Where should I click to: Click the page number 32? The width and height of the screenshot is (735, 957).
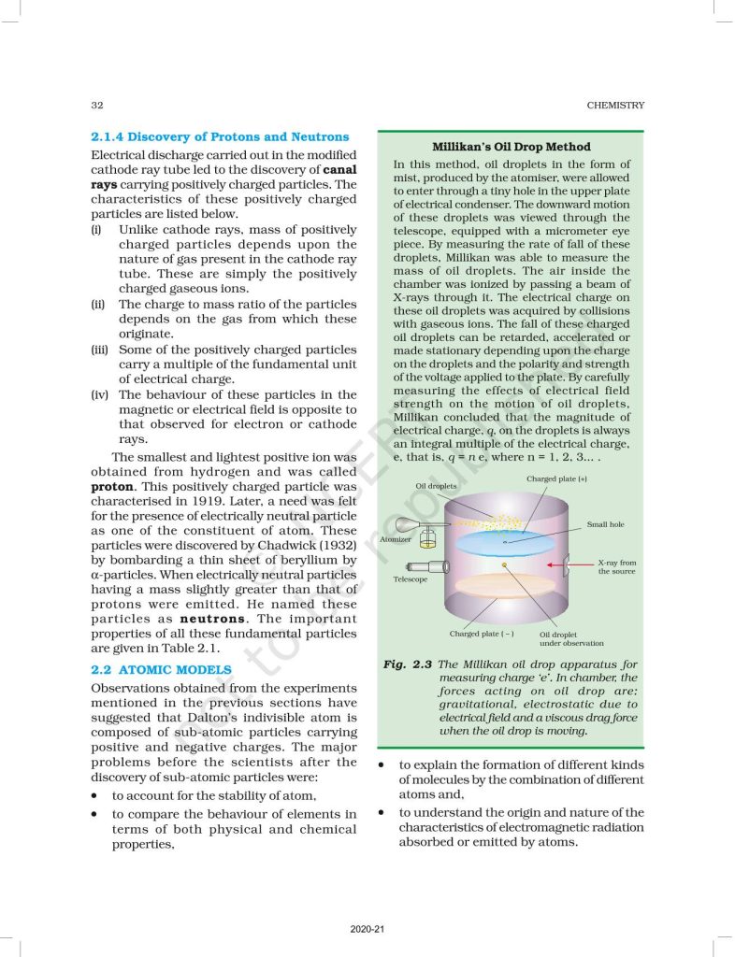pos(96,106)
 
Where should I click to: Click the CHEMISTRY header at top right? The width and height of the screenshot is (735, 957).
pos(615,106)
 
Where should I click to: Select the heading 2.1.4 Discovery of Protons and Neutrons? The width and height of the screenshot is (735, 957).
pos(220,136)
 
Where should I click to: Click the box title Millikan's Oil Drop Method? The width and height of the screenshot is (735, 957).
pos(511,147)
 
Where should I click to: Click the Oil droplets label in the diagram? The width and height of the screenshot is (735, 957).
pos(436,486)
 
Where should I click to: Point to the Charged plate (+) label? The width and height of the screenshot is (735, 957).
pos(556,478)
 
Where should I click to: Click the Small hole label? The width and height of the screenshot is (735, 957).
pos(605,525)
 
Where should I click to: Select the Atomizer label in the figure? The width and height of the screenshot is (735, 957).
pos(395,540)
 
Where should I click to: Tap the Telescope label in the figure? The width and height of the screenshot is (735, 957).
pos(410,579)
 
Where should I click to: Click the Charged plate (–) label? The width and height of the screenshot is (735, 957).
pos(481,634)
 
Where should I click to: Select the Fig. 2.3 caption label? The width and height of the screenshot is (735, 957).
pos(407,664)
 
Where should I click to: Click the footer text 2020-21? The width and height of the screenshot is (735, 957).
pos(367,929)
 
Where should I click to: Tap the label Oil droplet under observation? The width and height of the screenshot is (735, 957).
pos(570,638)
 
